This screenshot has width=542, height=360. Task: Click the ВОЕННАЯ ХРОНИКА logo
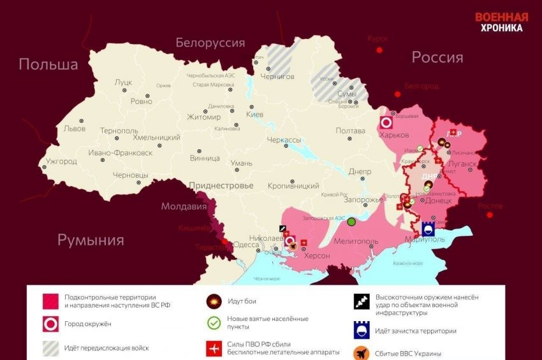coord(501,22)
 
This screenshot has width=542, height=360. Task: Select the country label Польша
coord(48,64)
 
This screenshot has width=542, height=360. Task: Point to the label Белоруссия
coord(210,43)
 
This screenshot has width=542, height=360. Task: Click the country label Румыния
coord(91,240)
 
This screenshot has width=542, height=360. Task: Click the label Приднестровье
coord(221,185)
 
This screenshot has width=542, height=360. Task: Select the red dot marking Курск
coord(379,50)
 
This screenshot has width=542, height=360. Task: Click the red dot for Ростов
coord(490,215)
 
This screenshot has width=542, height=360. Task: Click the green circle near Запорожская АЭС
coord(351,222)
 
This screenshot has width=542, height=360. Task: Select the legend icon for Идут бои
coord(214,301)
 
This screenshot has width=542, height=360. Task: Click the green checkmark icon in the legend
coord(214,323)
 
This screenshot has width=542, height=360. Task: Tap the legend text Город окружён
coord(88,324)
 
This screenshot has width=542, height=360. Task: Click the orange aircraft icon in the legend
coord(362,352)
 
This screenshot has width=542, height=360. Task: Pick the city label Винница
coord(205,158)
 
